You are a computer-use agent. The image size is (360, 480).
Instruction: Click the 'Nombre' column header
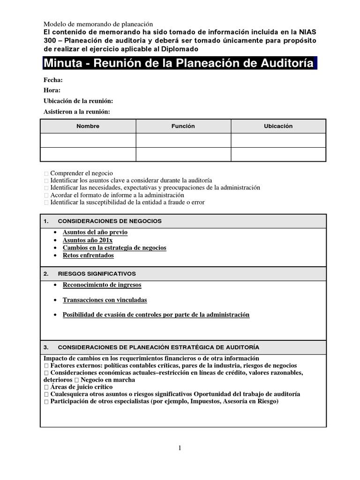pyautogui.click(x=88, y=126)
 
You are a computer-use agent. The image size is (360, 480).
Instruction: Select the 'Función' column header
pyautogui.click(x=183, y=126)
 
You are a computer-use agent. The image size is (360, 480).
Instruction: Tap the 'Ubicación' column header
pyautogui.click(x=278, y=126)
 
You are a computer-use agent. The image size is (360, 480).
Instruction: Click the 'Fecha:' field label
pyautogui.click(x=53, y=80)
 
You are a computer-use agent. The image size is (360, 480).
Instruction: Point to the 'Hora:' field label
pyautogui.click(x=52, y=90)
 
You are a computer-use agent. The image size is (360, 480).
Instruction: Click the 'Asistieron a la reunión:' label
pyautogui.click(x=77, y=112)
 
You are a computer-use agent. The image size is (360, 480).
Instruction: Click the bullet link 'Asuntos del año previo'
pyautogui.click(x=95, y=232)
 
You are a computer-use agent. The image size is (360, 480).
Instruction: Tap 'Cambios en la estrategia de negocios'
pyautogui.click(x=114, y=247)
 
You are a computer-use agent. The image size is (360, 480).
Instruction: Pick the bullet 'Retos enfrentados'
pyautogui.click(x=88, y=255)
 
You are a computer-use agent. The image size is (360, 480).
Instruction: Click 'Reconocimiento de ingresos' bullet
pyautogui.click(x=102, y=285)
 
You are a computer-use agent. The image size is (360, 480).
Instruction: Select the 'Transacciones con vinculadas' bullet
pyautogui.click(x=105, y=300)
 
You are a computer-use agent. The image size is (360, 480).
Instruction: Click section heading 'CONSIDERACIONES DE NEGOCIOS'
pyautogui.click(x=110, y=221)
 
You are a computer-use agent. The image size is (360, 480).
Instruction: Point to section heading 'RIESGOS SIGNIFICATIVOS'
pyautogui.click(x=97, y=273)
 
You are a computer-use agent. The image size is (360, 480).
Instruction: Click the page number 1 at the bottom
pyautogui.click(x=180, y=448)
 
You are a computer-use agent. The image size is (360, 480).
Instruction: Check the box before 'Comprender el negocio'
pyautogui.click(x=46, y=173)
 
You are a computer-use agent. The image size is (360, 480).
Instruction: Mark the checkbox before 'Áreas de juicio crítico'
pyautogui.click(x=46, y=387)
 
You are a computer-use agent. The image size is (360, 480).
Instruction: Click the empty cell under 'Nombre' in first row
pyautogui.click(x=88, y=140)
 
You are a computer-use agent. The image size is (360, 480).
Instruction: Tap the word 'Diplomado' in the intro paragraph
pyautogui.click(x=180, y=49)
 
